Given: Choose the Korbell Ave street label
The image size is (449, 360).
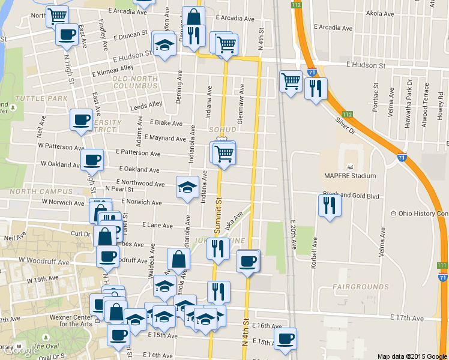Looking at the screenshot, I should click(313, 253).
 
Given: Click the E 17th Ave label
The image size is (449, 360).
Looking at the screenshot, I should click(406, 317).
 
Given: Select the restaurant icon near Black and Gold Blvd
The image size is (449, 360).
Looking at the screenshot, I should click(330, 205).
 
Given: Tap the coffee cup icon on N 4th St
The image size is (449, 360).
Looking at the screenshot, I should click(248, 261).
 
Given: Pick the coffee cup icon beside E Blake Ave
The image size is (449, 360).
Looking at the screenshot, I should click(82, 119).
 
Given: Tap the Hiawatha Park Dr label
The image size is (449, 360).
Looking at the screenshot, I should click(408, 95).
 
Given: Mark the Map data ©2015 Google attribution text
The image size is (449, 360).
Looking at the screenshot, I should click(412, 356).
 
